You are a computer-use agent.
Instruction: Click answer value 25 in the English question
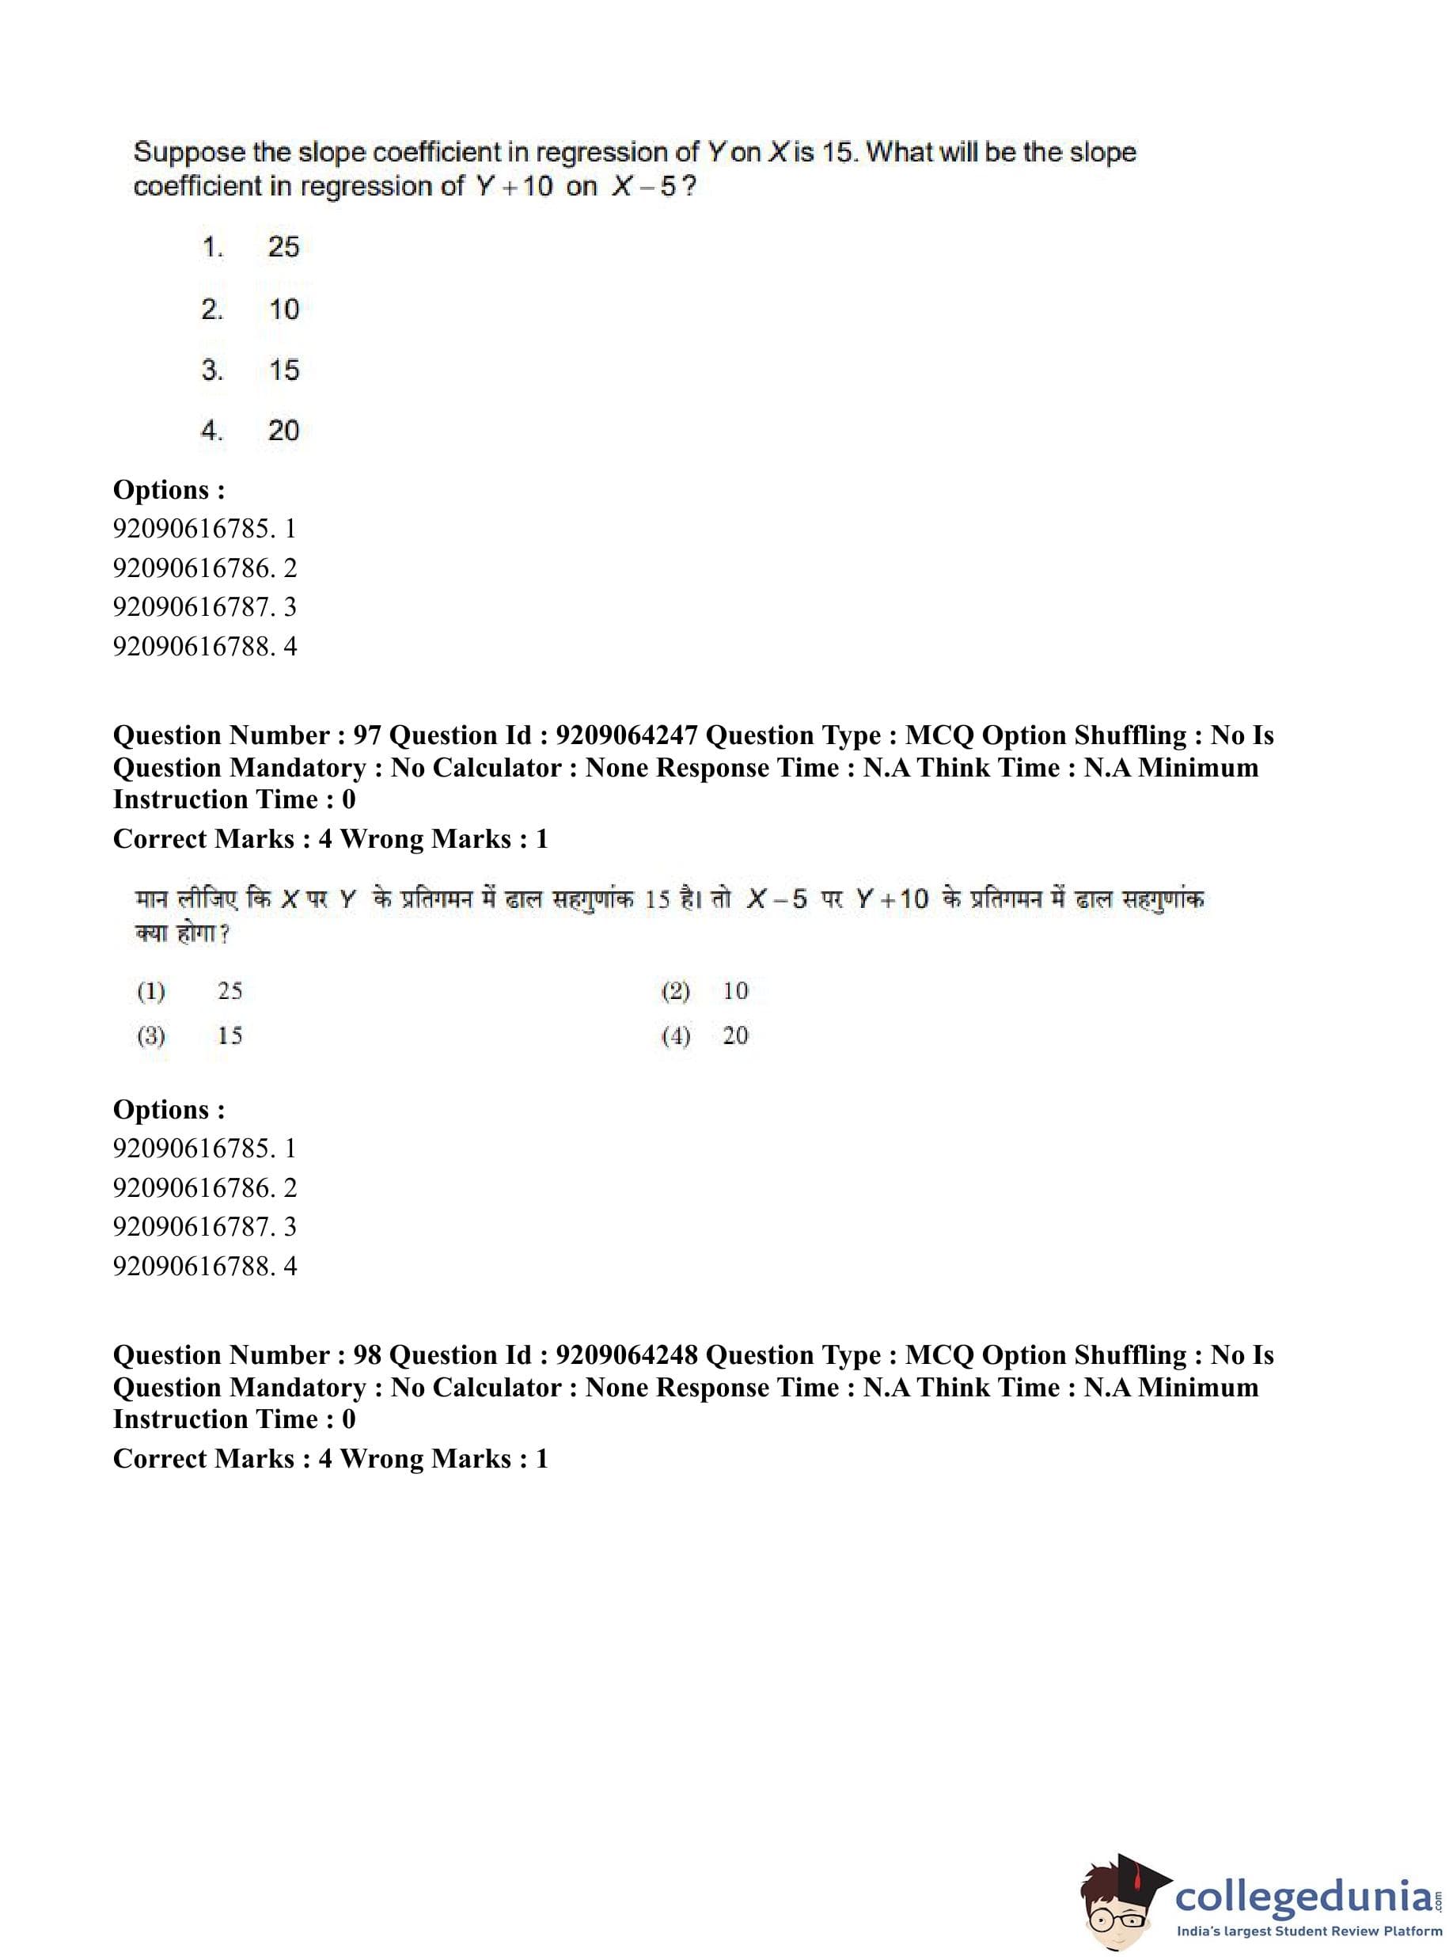(283, 247)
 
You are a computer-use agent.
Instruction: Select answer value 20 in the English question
(283, 431)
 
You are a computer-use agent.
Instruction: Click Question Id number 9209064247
(626, 735)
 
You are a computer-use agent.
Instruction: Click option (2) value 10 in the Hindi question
(735, 990)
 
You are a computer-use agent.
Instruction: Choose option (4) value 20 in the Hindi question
(735, 1035)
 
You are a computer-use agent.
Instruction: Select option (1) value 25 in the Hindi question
(230, 990)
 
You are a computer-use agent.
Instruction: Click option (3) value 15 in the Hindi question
(230, 1035)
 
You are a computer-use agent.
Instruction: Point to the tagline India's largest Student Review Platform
(1309, 1931)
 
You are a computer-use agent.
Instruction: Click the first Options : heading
(169, 490)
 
